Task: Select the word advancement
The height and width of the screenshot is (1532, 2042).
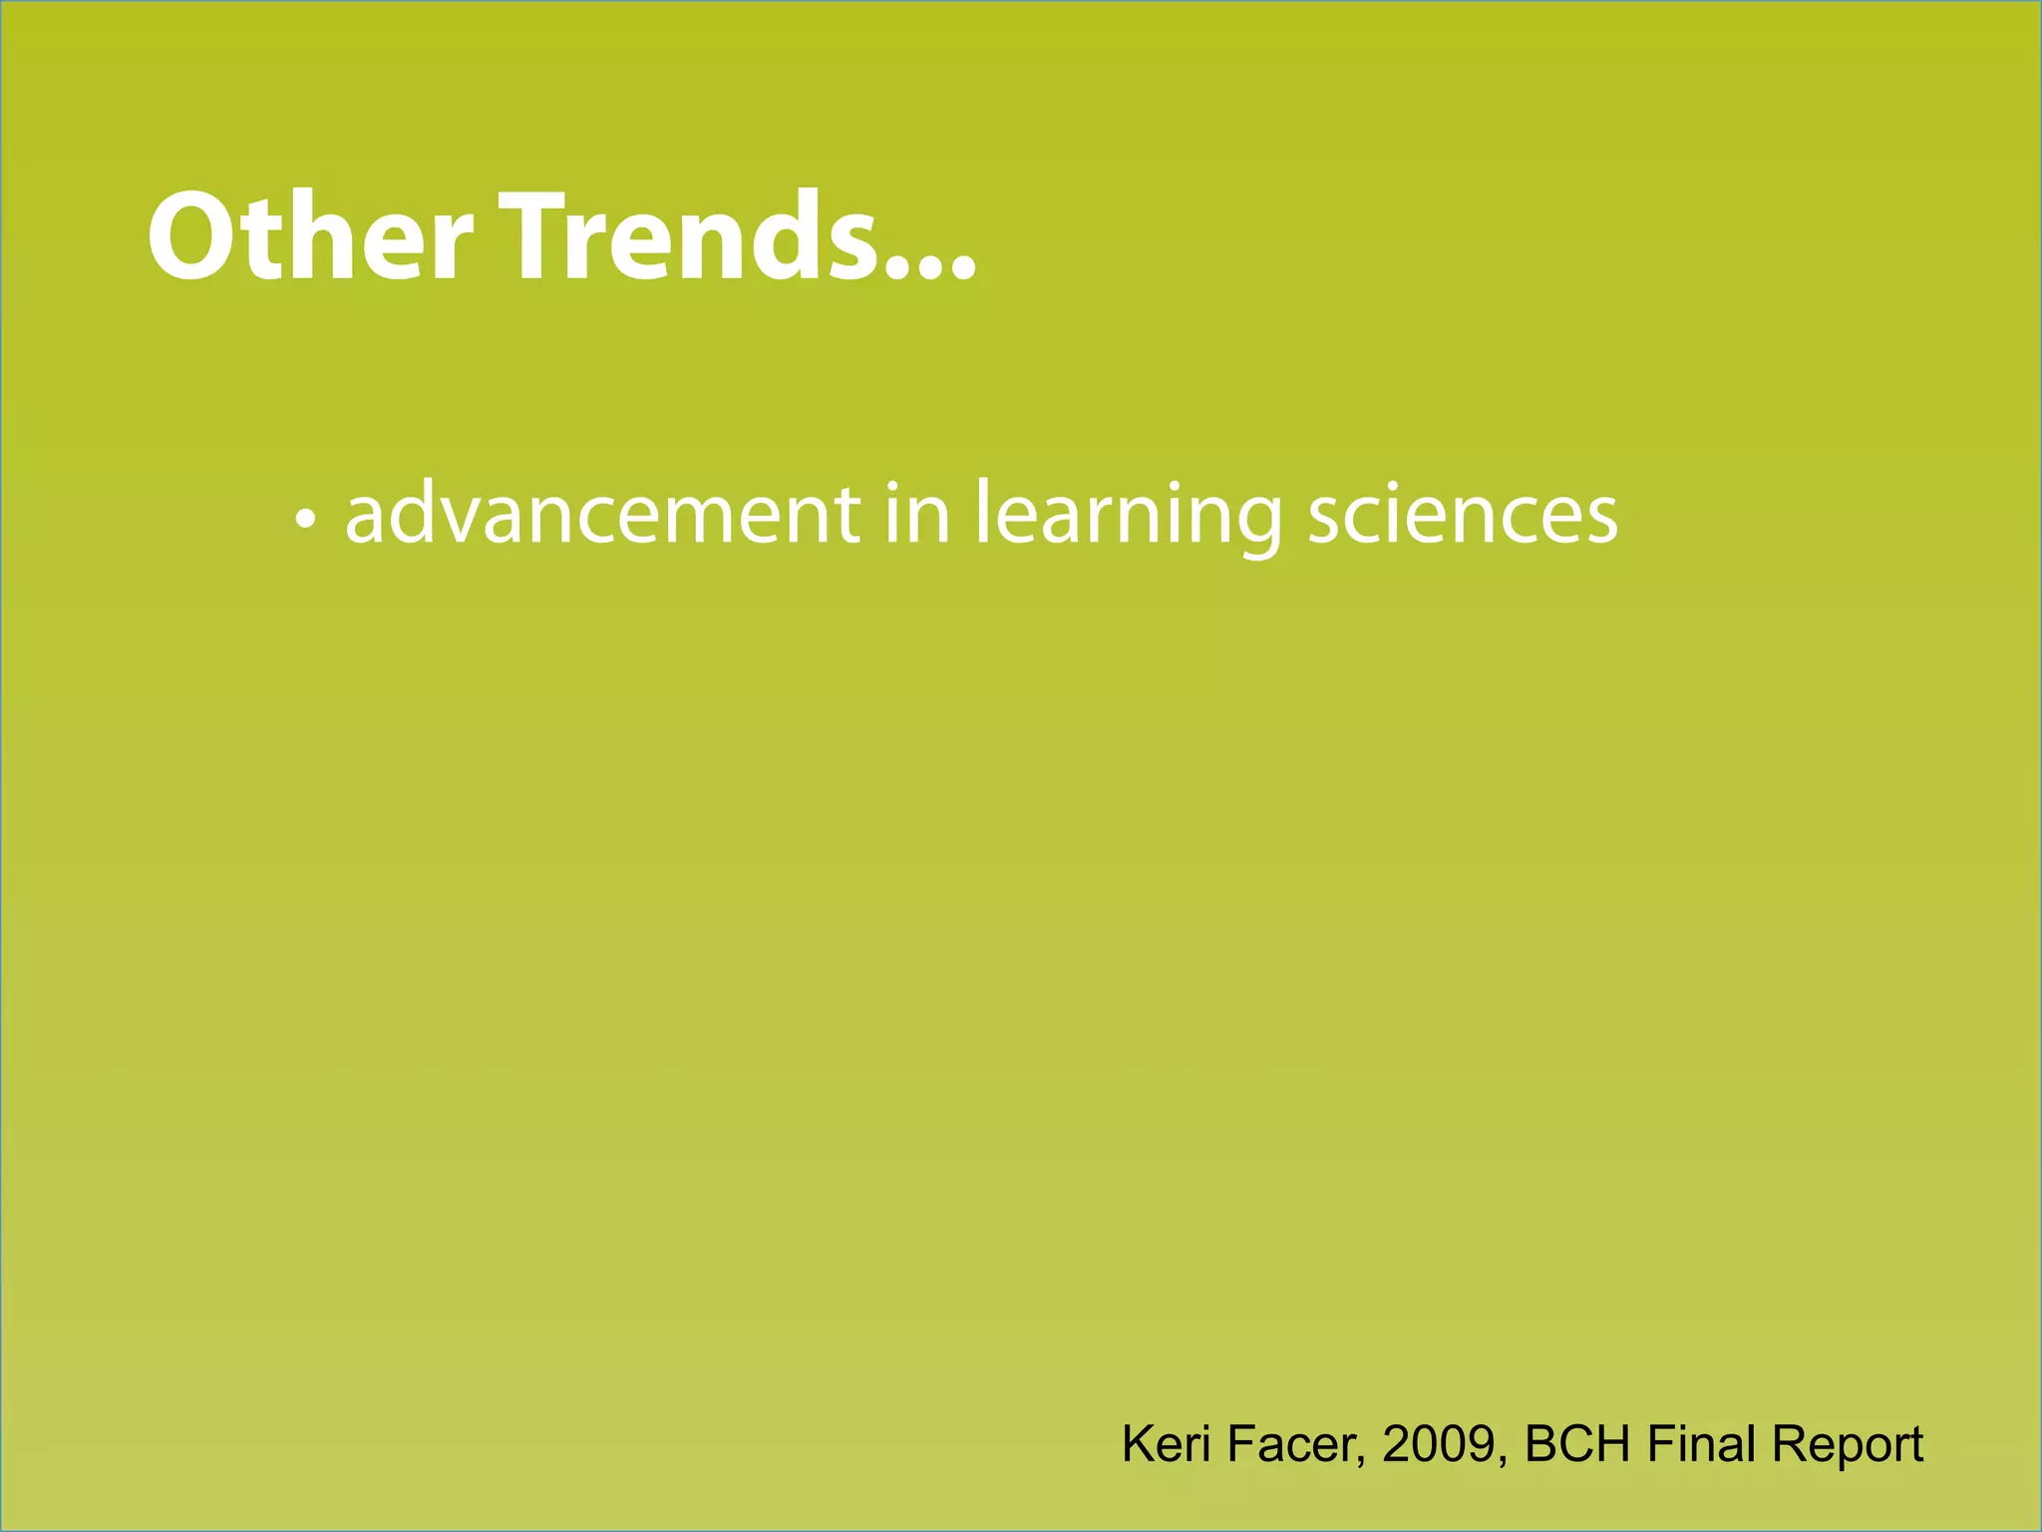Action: [x=602, y=515]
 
